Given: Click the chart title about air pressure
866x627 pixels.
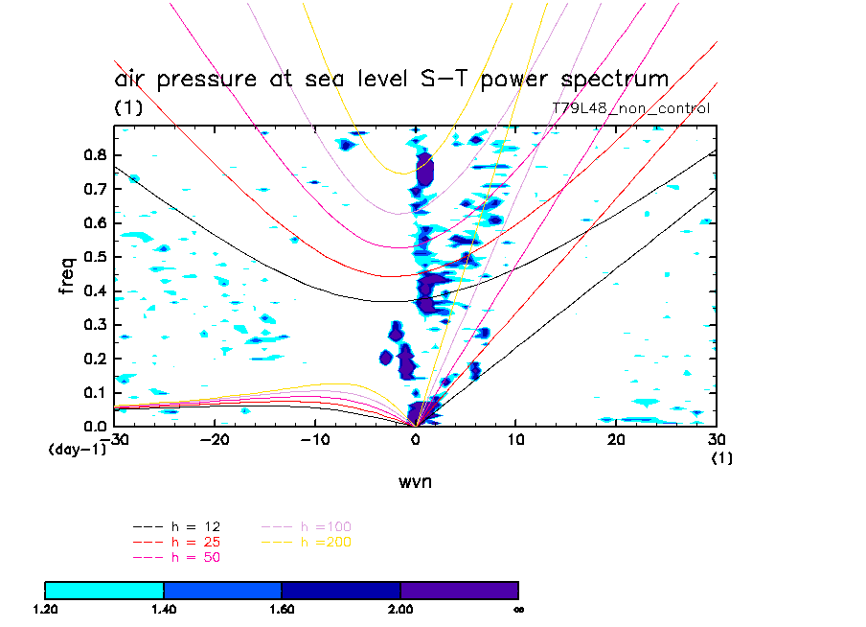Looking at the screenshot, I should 391,80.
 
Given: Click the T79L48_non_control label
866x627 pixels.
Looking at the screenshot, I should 630,108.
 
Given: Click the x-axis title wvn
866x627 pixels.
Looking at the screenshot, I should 415,481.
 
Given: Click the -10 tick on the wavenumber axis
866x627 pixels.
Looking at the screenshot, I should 315,440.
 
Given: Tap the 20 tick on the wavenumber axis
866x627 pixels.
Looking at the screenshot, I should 617,440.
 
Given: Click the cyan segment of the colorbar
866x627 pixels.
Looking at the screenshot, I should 104,590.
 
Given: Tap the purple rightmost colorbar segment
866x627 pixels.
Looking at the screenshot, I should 459,590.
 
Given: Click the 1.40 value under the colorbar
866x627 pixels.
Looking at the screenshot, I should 164,608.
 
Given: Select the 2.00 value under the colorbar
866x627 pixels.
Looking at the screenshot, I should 400,608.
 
